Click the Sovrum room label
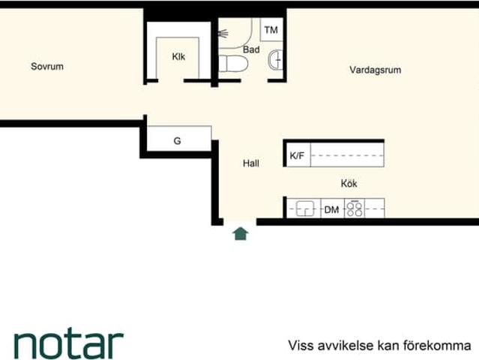[x=46, y=66]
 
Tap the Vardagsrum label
[x=375, y=70]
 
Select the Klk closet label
[x=178, y=56]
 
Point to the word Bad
[x=251, y=49]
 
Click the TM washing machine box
[x=271, y=30]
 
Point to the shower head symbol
[x=223, y=33]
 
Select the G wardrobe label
[x=177, y=140]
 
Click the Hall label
[x=251, y=163]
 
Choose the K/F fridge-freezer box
[x=297, y=156]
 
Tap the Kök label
[x=349, y=182]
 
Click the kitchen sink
[x=304, y=208]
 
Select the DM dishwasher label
[x=331, y=209]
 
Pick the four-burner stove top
[x=355, y=208]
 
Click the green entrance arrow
[x=240, y=233]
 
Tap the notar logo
[x=68, y=343]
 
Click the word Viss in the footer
[x=300, y=346]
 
